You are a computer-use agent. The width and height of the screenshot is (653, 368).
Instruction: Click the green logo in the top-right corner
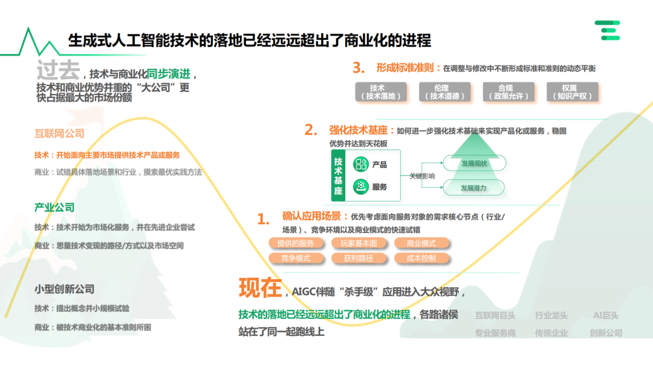tap(607, 30)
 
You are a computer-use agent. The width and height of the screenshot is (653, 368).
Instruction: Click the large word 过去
tap(57, 70)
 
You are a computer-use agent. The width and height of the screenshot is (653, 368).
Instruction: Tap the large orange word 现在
tap(260, 288)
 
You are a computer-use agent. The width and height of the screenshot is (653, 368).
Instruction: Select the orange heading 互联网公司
tap(59, 133)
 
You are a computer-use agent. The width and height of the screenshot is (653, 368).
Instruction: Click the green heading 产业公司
tap(54, 208)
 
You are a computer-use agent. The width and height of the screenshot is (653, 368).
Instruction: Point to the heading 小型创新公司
tap(65, 289)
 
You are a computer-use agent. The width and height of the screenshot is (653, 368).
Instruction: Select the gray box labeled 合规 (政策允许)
tap(505, 92)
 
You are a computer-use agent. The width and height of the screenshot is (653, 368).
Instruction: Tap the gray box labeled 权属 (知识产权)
tap(568, 92)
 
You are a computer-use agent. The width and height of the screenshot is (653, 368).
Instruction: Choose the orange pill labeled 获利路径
tap(359, 258)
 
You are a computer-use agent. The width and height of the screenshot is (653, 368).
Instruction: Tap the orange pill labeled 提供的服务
tap(296, 243)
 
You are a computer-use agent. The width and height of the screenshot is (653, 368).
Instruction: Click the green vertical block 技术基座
tap(338, 176)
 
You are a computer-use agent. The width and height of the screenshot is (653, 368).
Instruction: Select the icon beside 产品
tap(361, 165)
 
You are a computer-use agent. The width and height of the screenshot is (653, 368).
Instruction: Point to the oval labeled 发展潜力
tap(473, 188)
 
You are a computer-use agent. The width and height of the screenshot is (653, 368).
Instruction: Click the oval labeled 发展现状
tap(474, 163)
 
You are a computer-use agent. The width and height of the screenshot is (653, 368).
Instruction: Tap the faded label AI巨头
tap(605, 315)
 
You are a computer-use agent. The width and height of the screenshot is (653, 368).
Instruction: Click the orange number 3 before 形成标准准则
tap(359, 68)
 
